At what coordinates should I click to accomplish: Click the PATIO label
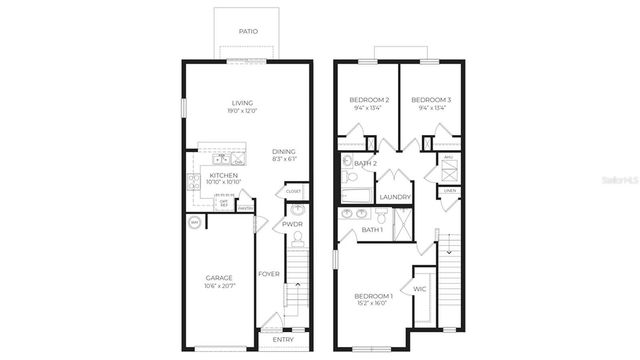pyautogui.click(x=247, y=32)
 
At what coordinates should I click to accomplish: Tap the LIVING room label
pyautogui.click(x=242, y=103)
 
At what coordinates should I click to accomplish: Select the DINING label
pyautogui.click(x=284, y=151)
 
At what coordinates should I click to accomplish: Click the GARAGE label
pyautogui.click(x=219, y=277)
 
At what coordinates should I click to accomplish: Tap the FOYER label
pyautogui.click(x=269, y=273)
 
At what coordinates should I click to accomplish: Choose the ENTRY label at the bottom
pyautogui.click(x=283, y=340)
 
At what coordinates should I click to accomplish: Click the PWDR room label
pyautogui.click(x=292, y=224)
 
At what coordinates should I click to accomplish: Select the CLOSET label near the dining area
pyautogui.click(x=293, y=190)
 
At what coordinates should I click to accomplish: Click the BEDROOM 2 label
pyautogui.click(x=368, y=100)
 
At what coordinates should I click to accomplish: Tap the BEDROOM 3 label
pyautogui.click(x=431, y=100)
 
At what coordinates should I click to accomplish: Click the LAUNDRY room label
pyautogui.click(x=395, y=197)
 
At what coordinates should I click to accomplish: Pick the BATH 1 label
pyautogui.click(x=372, y=230)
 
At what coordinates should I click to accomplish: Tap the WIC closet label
pyautogui.click(x=420, y=289)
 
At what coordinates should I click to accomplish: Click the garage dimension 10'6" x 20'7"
pyautogui.click(x=219, y=286)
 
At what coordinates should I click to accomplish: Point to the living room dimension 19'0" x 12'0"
pyautogui.click(x=242, y=111)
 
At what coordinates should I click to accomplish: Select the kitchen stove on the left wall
pyautogui.click(x=192, y=181)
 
